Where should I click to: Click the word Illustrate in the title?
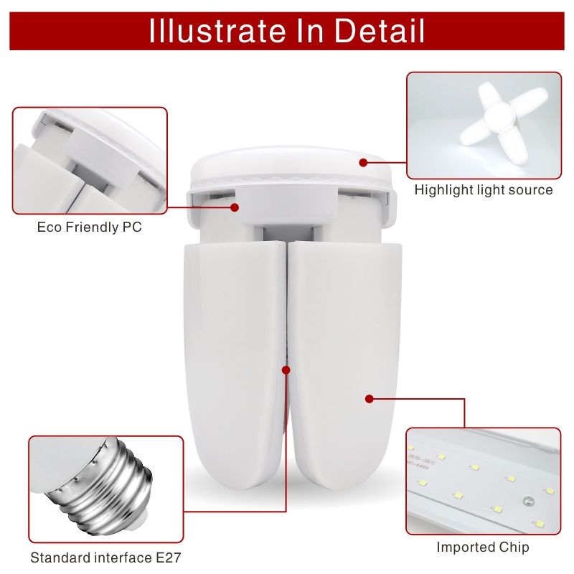coord(212,31)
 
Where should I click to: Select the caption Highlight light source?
coord(484,190)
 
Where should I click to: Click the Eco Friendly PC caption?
coord(90,227)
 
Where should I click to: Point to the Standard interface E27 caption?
coord(105,557)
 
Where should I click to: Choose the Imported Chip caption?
coord(483,547)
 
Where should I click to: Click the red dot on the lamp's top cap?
coord(364,163)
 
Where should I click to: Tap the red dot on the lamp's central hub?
coord(234,207)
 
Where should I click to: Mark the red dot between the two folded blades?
coord(286,370)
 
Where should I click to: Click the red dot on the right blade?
coord(370,398)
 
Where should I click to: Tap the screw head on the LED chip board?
coord(527,499)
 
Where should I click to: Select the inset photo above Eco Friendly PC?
coord(90,160)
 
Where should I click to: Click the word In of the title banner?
coord(293,31)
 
